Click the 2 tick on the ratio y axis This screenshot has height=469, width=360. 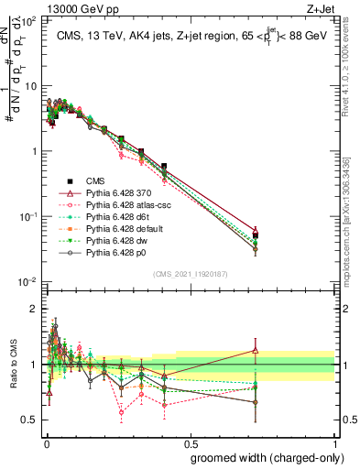pos(32,309)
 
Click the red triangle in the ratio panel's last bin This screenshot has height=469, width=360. pos(256,349)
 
